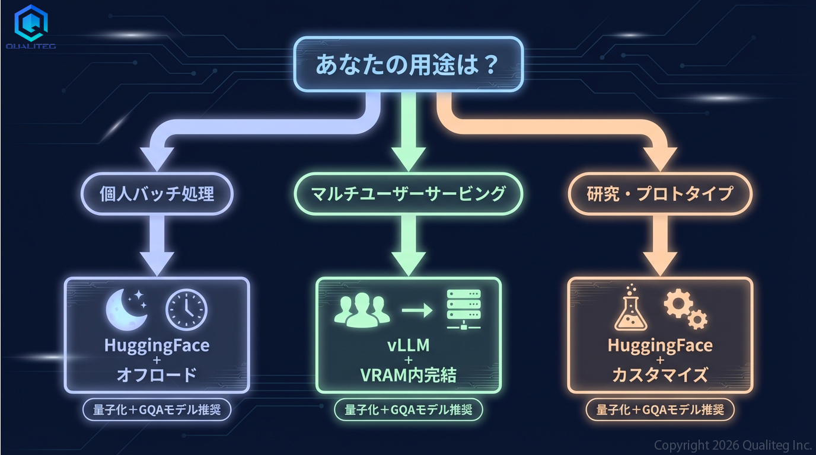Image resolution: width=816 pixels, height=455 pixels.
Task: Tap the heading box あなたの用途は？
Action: pyautogui.click(x=409, y=64)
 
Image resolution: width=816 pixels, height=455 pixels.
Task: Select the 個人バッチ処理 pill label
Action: pyautogui.click(x=157, y=194)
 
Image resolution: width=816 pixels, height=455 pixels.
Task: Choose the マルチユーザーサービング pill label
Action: pyautogui.click(x=409, y=194)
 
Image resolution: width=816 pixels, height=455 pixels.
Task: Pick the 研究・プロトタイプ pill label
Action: pyautogui.click(x=660, y=194)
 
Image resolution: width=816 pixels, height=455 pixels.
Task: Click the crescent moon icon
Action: pyautogui.click(x=125, y=309)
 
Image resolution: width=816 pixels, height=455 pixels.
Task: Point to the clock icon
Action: pyautogui.click(x=186, y=309)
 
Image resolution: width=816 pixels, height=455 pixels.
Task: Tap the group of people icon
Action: pyautogui.click(x=362, y=309)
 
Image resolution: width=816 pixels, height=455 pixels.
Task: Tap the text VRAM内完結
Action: pyautogui.click(x=408, y=376)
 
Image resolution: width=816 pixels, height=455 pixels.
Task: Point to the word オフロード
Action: pyautogui.click(x=157, y=376)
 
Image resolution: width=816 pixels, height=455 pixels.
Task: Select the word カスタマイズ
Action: pyautogui.click(x=659, y=376)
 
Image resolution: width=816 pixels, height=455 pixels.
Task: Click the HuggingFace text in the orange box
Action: pyautogui.click(x=659, y=345)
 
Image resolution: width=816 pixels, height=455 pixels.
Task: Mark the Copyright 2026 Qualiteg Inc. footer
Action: pyautogui.click(x=732, y=445)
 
